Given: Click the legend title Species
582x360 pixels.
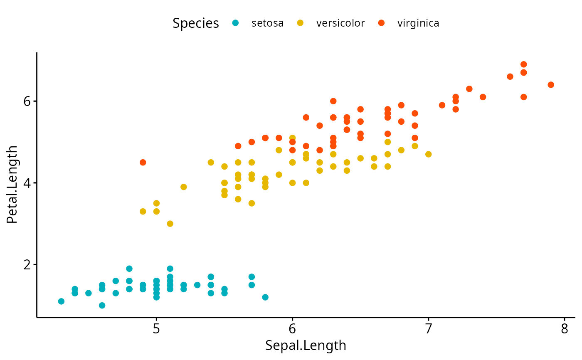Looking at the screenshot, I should tap(196, 23).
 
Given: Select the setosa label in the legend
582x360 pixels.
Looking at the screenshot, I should tap(268, 23).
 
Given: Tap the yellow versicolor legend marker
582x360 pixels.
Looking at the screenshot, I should tap(301, 23).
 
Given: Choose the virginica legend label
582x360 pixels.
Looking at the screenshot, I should tap(418, 23).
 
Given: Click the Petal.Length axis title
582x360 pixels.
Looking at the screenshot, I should tap(12, 185).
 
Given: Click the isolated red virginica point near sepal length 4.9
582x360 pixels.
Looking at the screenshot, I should tap(143, 162).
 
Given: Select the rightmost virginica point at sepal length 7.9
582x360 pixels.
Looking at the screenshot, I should tap(551, 85).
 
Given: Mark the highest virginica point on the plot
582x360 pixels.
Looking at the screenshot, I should tap(524, 64).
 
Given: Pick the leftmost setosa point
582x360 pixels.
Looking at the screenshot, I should tap(61, 301).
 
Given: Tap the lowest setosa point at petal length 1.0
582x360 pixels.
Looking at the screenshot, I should tap(102, 306).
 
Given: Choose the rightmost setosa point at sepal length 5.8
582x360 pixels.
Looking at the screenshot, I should tap(265, 297).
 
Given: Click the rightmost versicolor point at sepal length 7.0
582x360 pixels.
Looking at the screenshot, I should tap(429, 154).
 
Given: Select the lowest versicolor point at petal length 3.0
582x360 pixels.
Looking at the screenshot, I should tap(170, 224).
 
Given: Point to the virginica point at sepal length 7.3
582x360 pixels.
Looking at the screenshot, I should tap(469, 89).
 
